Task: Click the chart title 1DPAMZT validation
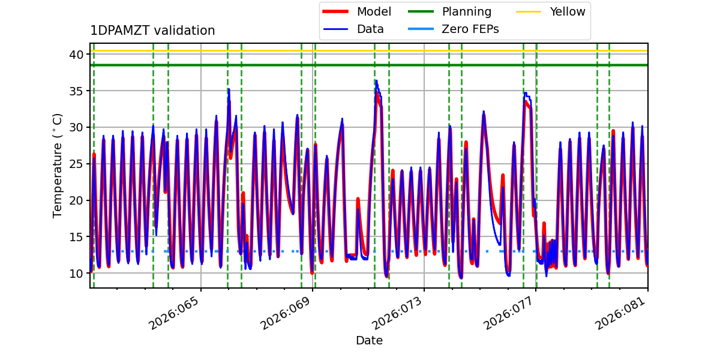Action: (x=152, y=31)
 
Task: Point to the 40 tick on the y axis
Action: (x=77, y=55)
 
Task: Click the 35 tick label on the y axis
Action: (x=77, y=91)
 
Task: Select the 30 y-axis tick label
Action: (x=77, y=128)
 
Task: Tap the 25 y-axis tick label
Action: (x=77, y=164)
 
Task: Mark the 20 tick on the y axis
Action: (x=77, y=200)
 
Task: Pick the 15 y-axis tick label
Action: (x=77, y=237)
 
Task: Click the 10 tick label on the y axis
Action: (x=77, y=274)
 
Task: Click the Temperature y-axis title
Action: (x=58, y=165)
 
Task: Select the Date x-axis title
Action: (x=369, y=341)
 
